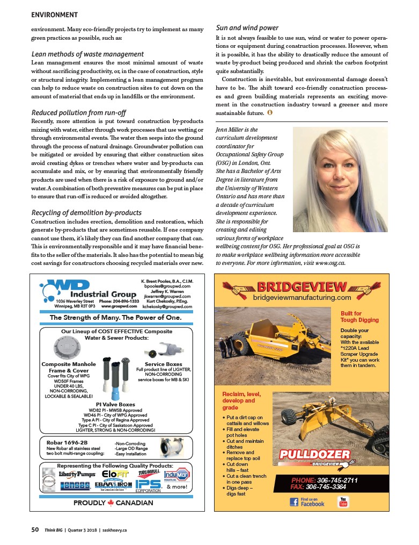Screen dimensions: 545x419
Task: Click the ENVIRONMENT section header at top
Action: (55, 15)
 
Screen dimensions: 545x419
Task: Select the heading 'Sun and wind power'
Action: (247, 28)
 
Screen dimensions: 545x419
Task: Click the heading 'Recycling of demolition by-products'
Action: (86, 213)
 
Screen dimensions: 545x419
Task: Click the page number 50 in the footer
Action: (35, 529)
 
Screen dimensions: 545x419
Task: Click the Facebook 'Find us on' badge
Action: (307, 502)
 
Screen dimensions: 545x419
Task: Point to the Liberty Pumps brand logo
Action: (76, 474)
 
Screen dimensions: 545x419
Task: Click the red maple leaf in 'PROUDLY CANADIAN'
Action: (111, 503)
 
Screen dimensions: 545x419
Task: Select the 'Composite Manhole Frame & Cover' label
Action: (69, 367)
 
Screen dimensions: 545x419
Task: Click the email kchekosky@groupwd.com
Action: (167, 307)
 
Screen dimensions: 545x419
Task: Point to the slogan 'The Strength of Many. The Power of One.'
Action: (115, 318)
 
